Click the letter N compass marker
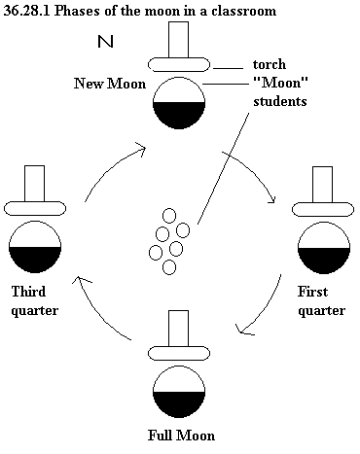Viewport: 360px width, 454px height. [x=105, y=42]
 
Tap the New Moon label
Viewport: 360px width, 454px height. [x=110, y=84]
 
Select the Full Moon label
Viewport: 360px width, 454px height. [x=181, y=436]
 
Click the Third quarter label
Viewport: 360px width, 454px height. [x=35, y=301]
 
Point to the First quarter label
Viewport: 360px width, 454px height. [x=321, y=301]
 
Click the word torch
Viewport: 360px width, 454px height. [x=270, y=64]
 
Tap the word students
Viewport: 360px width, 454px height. [x=280, y=101]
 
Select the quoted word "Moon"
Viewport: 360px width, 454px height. [x=280, y=83]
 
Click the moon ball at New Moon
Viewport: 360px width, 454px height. [x=179, y=103]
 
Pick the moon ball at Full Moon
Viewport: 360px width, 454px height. [x=179, y=392]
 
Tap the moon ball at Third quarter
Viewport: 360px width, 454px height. [x=35, y=247]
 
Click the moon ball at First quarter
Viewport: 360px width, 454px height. [x=324, y=247]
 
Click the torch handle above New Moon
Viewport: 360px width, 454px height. [x=178, y=40]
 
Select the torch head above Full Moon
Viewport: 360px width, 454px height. [x=179, y=354]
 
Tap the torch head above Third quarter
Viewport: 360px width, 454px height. [x=35, y=208]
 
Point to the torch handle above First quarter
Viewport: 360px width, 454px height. [x=322, y=185]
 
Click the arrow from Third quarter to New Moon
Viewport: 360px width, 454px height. [x=109, y=168]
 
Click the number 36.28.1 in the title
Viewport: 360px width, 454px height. [x=26, y=11]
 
